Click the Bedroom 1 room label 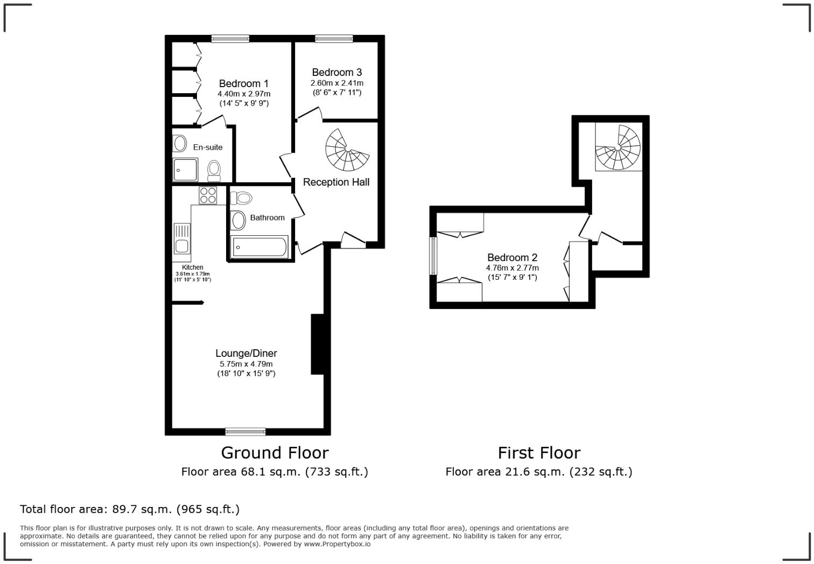pos(243,83)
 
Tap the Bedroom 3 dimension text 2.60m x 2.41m pos(337,83)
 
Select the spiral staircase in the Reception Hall pos(347,150)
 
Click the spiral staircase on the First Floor pos(618,147)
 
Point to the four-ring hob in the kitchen pos(208,195)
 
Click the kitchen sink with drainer pos(182,238)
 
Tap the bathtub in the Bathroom pos(259,246)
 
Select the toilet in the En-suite pos(214,171)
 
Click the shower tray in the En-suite pos(185,170)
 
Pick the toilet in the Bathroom pos(241,198)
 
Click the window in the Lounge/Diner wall pos(245,432)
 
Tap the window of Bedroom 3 pos(334,39)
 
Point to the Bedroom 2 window pos(433,256)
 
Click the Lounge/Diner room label pos(246,353)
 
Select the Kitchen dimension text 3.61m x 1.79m pos(193,274)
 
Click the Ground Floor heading pos(275,453)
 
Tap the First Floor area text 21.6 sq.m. pos(539,472)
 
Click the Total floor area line pos(130,509)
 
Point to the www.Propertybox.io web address pos(337,544)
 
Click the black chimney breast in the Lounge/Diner pos(317,344)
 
